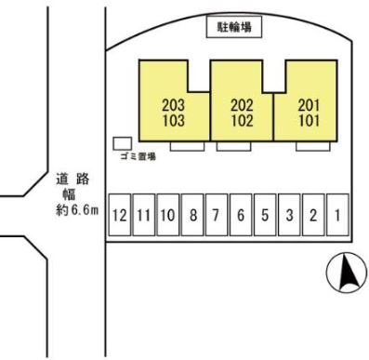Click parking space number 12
pyautogui.click(x=119, y=215)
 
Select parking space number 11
pyautogui.click(x=144, y=215)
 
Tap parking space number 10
pyautogui.click(x=168, y=215)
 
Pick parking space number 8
pyautogui.click(x=192, y=215)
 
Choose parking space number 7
pyautogui.click(x=217, y=215)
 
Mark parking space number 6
pyautogui.click(x=241, y=215)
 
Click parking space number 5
pyautogui.click(x=265, y=215)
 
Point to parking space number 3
pyautogui.click(x=289, y=215)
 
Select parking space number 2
pyautogui.click(x=313, y=215)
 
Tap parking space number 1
pyautogui.click(x=337, y=215)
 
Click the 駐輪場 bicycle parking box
pyautogui.click(x=234, y=27)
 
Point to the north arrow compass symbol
pyautogui.click(x=347, y=273)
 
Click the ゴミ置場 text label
pyautogui.click(x=138, y=156)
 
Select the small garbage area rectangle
pyautogui.click(x=123, y=143)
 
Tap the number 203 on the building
pyautogui.click(x=174, y=105)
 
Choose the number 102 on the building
pyautogui.click(x=242, y=120)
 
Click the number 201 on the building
pyautogui.click(x=309, y=105)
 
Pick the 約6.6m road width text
pyautogui.click(x=77, y=210)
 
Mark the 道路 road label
pyautogui.click(x=72, y=180)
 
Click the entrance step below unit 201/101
pyautogui.click(x=313, y=146)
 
